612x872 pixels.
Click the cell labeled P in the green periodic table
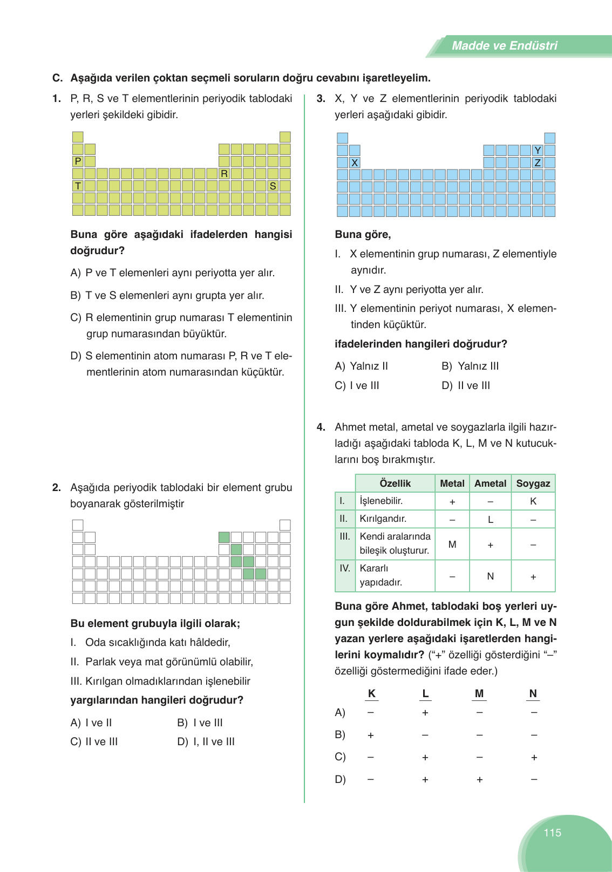(x=78, y=161)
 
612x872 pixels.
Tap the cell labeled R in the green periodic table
(x=225, y=174)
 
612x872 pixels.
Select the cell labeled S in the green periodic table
(x=273, y=186)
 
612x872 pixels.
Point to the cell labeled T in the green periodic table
(x=78, y=186)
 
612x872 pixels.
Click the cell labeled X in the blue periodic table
(x=355, y=162)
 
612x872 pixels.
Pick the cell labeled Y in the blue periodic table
(x=538, y=151)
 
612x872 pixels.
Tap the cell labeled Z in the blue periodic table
(x=538, y=162)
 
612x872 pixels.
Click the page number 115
(x=552, y=833)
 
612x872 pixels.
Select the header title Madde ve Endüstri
(x=504, y=46)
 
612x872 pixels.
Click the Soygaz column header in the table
(x=533, y=483)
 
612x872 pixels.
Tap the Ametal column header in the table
(x=490, y=483)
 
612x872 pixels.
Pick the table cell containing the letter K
(x=533, y=501)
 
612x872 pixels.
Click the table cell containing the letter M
(x=452, y=544)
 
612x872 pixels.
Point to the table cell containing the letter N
(x=490, y=576)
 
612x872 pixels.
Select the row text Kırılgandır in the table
(x=383, y=519)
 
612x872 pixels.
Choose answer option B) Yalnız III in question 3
(x=470, y=366)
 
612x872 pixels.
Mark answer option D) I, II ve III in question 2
(x=206, y=742)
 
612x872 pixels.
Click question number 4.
(x=321, y=427)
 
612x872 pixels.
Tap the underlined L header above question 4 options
(x=425, y=694)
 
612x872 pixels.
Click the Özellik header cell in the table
(x=395, y=483)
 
